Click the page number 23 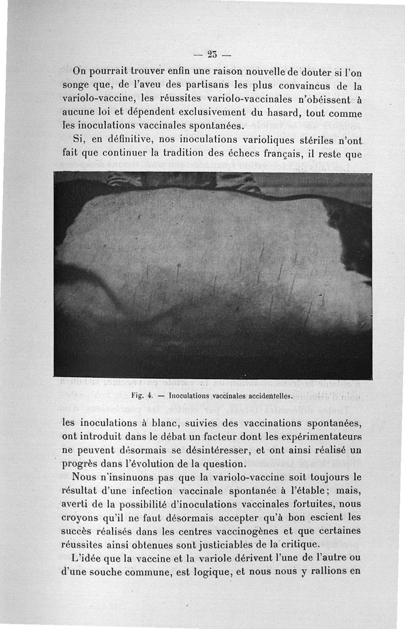212,54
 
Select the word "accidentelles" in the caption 260,396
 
